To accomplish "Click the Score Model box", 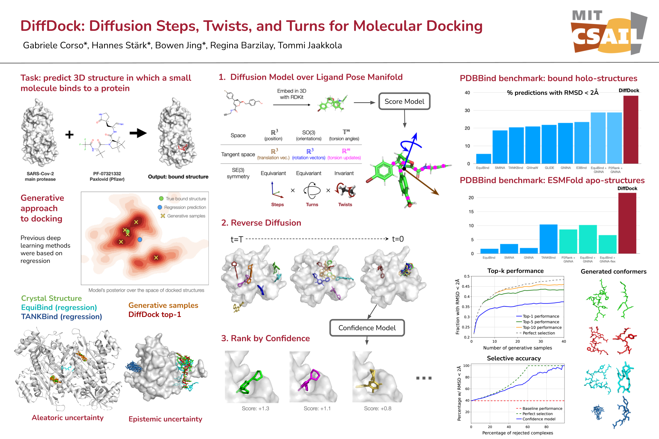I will (404, 101).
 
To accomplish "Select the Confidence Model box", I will (367, 328).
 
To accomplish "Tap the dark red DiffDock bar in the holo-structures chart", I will (631, 130).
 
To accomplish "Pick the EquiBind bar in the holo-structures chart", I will (483, 159).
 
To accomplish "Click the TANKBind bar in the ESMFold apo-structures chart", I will (548, 239).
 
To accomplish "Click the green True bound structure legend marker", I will (161, 198).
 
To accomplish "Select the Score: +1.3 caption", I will (255, 408).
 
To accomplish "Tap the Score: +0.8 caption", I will (377, 408).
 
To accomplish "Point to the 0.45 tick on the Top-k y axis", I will (466, 286).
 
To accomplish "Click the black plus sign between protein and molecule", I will (69, 135).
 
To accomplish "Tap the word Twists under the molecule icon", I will (345, 205).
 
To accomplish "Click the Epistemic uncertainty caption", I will (165, 419).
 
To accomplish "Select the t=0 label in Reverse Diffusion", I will (398, 239).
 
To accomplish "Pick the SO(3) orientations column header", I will (309, 135).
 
